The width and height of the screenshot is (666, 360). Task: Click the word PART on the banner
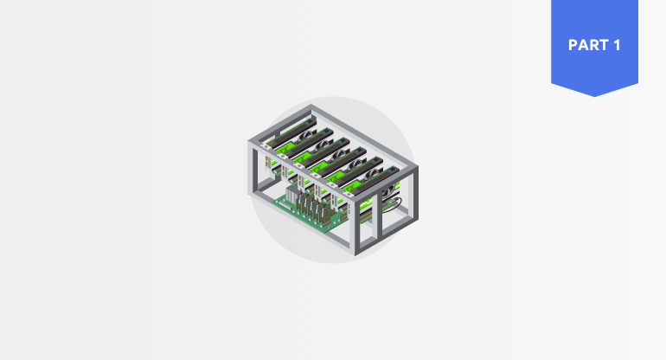point(588,45)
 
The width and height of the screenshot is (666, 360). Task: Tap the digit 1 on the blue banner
point(617,45)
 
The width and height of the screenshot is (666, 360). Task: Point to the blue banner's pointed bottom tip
point(595,96)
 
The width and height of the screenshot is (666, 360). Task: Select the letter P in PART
point(573,45)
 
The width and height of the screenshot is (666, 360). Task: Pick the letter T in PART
point(603,45)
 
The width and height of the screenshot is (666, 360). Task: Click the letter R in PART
point(593,45)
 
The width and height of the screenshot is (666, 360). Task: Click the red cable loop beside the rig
point(393,205)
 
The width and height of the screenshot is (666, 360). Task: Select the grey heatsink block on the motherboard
point(292,193)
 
